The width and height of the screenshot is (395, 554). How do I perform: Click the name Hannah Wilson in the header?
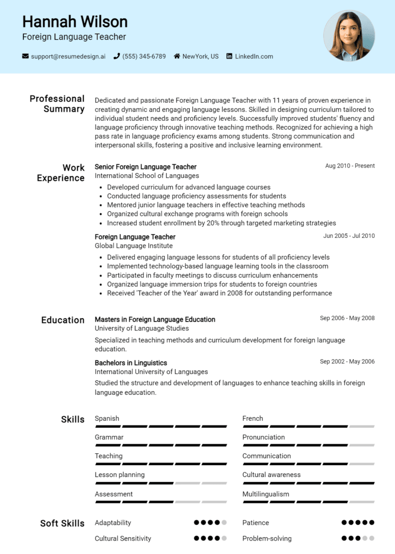point(75,22)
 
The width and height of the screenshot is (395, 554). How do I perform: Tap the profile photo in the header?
point(349,36)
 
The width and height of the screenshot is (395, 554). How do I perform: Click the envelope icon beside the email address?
point(25,57)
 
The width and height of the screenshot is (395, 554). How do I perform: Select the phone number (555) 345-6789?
point(143,57)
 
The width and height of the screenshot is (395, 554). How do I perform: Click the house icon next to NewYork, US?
point(177,57)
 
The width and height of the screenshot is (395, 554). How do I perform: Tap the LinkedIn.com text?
point(254,57)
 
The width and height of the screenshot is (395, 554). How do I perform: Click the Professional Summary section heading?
point(57,104)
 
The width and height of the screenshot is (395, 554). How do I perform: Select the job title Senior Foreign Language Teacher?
point(146,167)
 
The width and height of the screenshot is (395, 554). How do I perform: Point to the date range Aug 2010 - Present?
point(350,166)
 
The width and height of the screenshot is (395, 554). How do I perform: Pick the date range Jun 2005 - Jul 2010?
point(349,236)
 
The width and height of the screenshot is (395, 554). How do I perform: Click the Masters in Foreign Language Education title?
point(155,320)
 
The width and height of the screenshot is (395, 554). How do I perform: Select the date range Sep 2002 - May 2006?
point(347,362)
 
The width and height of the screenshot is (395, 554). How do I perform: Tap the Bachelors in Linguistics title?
point(131,363)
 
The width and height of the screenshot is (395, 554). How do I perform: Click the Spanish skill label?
point(107,418)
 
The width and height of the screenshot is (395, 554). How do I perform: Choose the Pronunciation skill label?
point(263,437)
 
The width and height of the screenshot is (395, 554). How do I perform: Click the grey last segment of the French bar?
point(362,427)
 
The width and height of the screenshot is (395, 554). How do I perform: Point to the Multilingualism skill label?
point(265,494)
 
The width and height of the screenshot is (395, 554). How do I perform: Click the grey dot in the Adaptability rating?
point(224,523)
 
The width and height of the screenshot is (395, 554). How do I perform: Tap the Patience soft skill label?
point(256,523)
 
